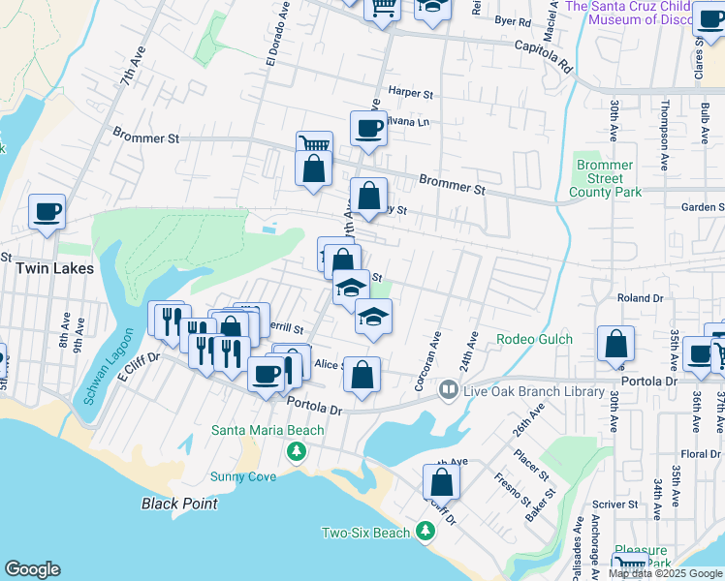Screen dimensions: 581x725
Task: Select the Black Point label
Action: coord(179,504)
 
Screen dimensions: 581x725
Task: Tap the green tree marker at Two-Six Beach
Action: coord(425,532)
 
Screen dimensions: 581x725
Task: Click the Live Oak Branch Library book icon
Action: coord(448,389)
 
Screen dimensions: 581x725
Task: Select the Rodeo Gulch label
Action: coord(535,339)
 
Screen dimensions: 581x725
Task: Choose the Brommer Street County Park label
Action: coord(605,179)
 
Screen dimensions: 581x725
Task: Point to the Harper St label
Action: coord(409,93)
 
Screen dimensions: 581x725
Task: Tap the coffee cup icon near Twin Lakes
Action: coord(47,211)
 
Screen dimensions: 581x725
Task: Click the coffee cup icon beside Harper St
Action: coord(368,127)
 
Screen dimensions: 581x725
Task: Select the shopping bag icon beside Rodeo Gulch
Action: coord(615,343)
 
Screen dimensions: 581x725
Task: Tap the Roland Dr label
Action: coord(639,299)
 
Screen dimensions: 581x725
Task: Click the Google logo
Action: coord(32,569)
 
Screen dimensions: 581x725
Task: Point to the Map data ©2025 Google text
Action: coord(665,573)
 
